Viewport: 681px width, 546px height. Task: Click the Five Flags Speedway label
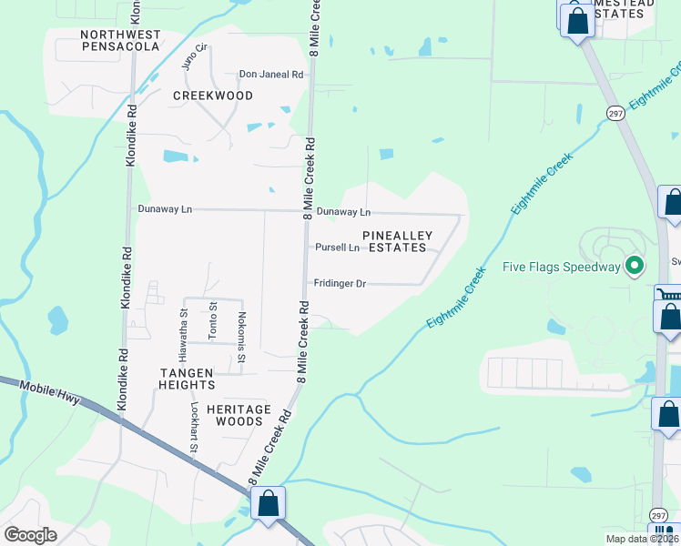[561, 268]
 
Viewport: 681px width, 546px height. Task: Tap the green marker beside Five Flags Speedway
[635, 267]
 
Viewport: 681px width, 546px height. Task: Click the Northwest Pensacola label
[121, 40]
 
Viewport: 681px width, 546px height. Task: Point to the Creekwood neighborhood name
[213, 96]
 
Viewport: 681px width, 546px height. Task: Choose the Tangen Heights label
[188, 379]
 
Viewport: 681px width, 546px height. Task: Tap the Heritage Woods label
[239, 415]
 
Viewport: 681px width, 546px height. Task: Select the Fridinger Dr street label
[340, 284]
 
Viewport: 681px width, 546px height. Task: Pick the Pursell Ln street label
[338, 248]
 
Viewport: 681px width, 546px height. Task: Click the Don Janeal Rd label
[270, 75]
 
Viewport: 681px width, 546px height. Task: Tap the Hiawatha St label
[183, 325]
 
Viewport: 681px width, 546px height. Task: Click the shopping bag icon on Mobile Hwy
[269, 502]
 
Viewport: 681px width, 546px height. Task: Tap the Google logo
[30, 535]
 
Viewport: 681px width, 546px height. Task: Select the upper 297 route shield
[615, 112]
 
